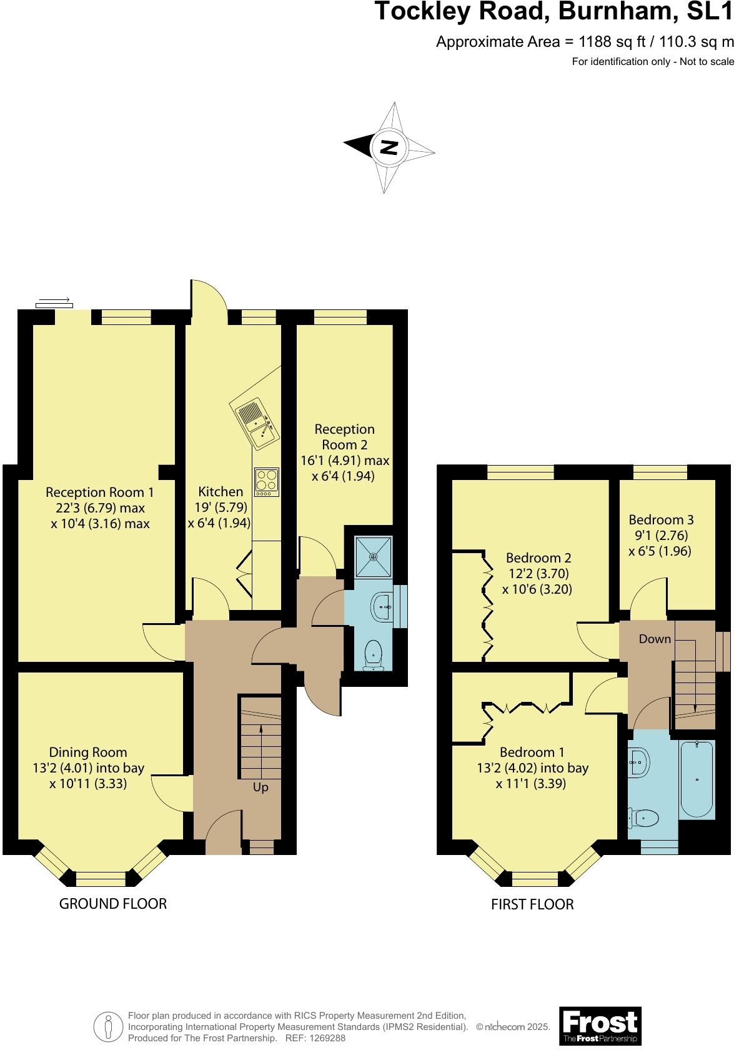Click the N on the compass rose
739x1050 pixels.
tap(389, 148)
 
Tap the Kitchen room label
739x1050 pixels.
tap(221, 491)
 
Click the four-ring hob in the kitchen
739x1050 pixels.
tap(266, 481)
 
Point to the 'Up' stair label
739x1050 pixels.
tap(260, 787)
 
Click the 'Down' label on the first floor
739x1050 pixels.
tap(655, 639)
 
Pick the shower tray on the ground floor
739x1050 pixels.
tap(373, 556)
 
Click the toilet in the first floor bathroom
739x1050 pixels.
tap(645, 817)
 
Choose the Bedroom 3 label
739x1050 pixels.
tap(661, 519)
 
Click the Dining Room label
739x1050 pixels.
tap(88, 752)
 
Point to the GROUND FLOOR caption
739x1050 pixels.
tap(113, 903)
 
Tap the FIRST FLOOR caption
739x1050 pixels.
tap(532, 904)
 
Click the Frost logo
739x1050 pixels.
tap(600, 1026)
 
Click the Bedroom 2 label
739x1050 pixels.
tap(538, 557)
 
